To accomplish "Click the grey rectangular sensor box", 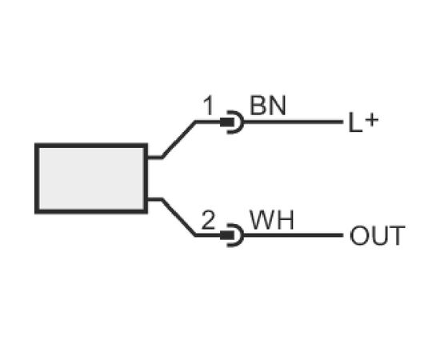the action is pyautogui.click(x=91, y=178).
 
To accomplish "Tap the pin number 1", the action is pyautogui.click(x=209, y=106).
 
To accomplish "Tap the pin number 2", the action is pyautogui.click(x=208, y=220).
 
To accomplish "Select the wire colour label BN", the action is pyautogui.click(x=268, y=106).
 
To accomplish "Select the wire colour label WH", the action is pyautogui.click(x=272, y=220).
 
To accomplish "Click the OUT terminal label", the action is pyautogui.click(x=378, y=236).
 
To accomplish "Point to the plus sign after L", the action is pyautogui.click(x=372, y=120).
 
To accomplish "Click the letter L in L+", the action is pyautogui.click(x=354, y=122).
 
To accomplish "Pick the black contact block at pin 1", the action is pyautogui.click(x=226, y=122).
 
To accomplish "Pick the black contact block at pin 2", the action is pyautogui.click(x=226, y=235).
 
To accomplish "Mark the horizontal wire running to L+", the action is pyautogui.click(x=294, y=122).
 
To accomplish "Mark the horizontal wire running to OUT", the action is pyautogui.click(x=294, y=235).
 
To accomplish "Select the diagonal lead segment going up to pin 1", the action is pyautogui.click(x=178, y=139).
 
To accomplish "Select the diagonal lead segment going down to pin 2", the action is pyautogui.click(x=178, y=218).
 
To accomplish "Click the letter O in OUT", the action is pyautogui.click(x=359, y=236).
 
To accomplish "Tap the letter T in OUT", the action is pyautogui.click(x=396, y=236).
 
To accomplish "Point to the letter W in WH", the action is pyautogui.click(x=262, y=220).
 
